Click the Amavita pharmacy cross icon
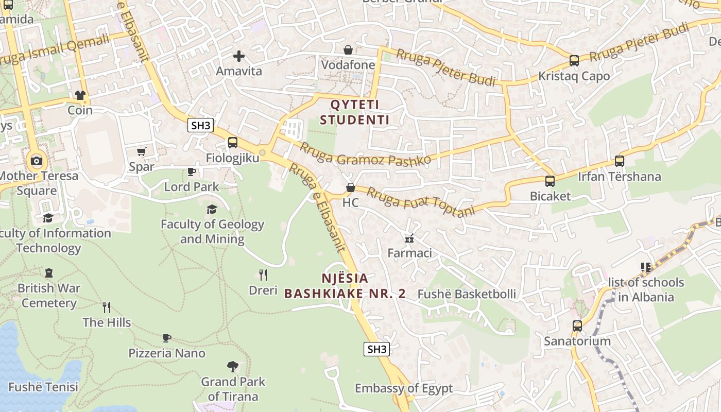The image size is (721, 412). coord(238,56)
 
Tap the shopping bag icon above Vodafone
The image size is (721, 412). coord(348,50)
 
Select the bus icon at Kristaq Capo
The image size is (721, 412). coord(574,61)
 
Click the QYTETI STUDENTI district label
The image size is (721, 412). coord(354,112)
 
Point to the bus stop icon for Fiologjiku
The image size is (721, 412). coord(233,143)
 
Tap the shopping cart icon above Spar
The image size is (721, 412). coord(142,152)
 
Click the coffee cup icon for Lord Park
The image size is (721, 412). coord(192,171)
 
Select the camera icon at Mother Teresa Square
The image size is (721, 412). coord(36,161)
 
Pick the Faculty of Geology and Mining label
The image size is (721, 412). coord(212,232)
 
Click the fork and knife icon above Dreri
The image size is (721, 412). coord(263,274)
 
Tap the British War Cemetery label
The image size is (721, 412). coord(49,296)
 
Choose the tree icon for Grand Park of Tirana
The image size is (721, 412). coord(233,367)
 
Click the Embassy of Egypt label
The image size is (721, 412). coord(404,388)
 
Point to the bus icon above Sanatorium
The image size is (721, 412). coord(577,325)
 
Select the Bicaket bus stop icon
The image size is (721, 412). coord(550,181)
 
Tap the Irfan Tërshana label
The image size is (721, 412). coord(619,177)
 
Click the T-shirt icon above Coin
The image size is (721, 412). coord(80,95)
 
